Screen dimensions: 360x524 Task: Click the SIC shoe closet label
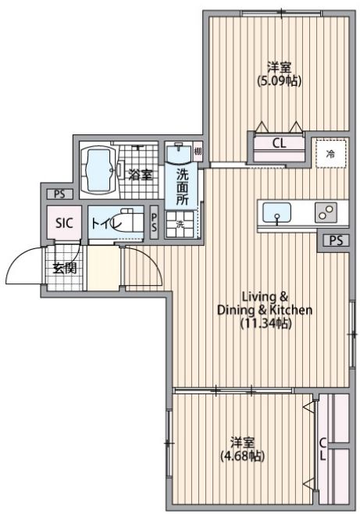(64, 223)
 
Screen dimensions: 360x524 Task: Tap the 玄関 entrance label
(65, 268)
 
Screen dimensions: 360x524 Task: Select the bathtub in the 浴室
(98, 170)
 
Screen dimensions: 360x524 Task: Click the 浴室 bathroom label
(141, 174)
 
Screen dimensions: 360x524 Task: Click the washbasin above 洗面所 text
(179, 153)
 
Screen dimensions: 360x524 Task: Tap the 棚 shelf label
(198, 151)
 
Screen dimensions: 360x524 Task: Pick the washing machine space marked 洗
(180, 225)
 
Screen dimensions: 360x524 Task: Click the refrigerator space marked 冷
(330, 154)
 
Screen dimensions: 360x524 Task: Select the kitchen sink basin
(276, 212)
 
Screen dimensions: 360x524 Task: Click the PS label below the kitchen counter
(336, 241)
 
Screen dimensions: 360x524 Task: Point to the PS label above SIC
(59, 194)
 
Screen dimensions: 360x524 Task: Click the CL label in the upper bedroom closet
(279, 144)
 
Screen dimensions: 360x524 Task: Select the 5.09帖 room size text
(279, 81)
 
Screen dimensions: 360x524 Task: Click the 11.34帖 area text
(266, 323)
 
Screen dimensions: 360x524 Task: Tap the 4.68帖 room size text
(242, 456)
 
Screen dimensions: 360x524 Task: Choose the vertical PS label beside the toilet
(154, 222)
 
